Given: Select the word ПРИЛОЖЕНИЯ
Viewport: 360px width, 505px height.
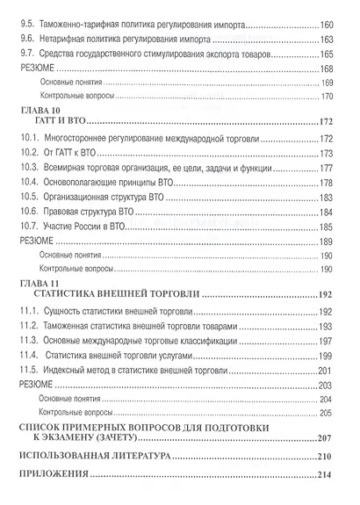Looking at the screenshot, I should click(x=58, y=475).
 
